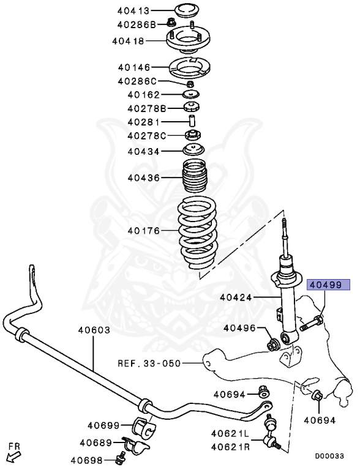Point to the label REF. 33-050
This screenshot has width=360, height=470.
pyautogui.click(x=149, y=363)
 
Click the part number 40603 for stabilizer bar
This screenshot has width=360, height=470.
pyautogui.click(x=94, y=330)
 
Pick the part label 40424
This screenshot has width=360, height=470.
pyautogui.click(x=237, y=298)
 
